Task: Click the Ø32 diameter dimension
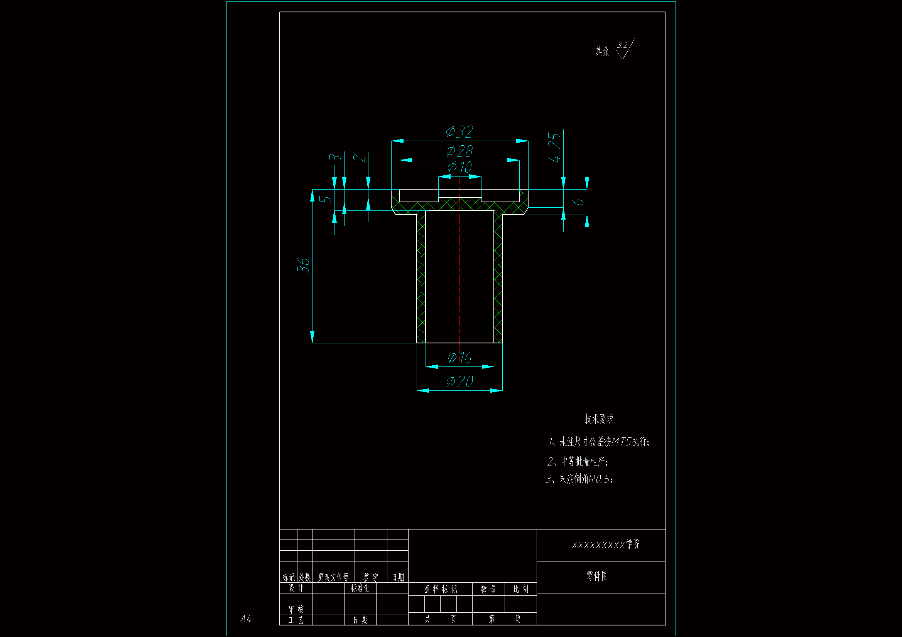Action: click(x=459, y=132)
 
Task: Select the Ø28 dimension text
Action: click(x=459, y=151)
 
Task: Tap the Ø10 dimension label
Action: click(x=459, y=168)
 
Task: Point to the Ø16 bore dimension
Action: click(x=459, y=358)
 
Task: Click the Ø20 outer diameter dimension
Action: click(x=459, y=382)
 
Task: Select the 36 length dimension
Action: click(x=304, y=266)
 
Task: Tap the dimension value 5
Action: click(x=326, y=200)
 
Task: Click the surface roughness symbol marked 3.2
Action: click(x=624, y=49)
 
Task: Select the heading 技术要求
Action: click(x=599, y=419)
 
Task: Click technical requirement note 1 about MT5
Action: click(x=599, y=442)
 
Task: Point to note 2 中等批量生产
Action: click(x=578, y=462)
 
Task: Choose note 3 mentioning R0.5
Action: click(x=579, y=479)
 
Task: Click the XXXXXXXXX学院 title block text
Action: click(x=605, y=545)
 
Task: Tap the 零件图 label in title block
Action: click(x=597, y=576)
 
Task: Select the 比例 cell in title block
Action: click(x=520, y=589)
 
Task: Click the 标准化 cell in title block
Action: click(x=360, y=588)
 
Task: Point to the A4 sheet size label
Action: click(x=245, y=619)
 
